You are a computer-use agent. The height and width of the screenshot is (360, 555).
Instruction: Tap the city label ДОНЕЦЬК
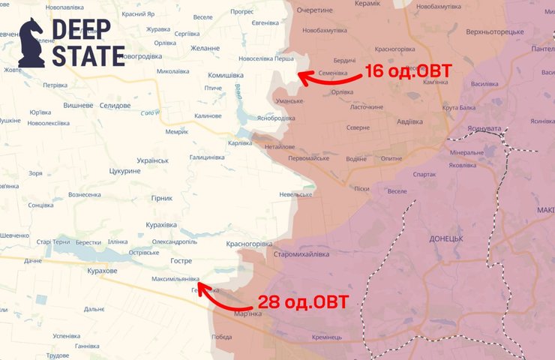pos(446,238)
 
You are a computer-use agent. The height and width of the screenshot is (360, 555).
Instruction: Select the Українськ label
pos(153,160)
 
